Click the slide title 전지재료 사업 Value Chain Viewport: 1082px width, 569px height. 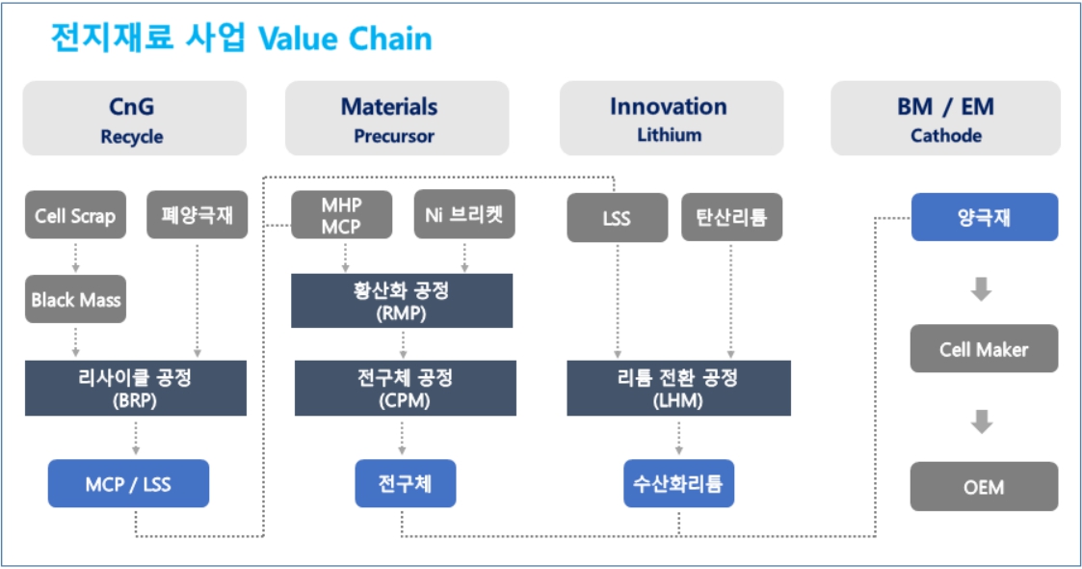click(241, 39)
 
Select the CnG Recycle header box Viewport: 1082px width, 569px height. click(134, 119)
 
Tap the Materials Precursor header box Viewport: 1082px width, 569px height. click(396, 119)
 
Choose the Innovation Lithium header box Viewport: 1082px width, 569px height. click(671, 119)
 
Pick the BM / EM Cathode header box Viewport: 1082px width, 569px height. click(945, 119)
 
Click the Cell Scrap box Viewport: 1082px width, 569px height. click(75, 216)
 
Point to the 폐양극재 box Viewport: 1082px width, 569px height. click(198, 215)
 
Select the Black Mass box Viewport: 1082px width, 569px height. click(75, 299)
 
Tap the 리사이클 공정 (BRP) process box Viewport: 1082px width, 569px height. click(135, 388)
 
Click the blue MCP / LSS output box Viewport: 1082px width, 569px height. click(128, 483)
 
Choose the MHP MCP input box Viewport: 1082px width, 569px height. click(342, 215)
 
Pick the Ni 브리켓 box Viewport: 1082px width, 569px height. click(464, 215)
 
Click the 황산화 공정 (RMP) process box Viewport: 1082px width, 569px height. click(402, 300)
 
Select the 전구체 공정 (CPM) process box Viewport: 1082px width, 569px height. click(405, 388)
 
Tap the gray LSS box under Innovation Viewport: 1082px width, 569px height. click(617, 217)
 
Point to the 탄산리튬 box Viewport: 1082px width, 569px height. click(731, 217)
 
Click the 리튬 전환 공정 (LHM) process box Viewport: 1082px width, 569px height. click(678, 388)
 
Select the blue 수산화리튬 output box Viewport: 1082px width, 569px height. click(678, 483)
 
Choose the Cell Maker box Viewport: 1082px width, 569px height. click(984, 349)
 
